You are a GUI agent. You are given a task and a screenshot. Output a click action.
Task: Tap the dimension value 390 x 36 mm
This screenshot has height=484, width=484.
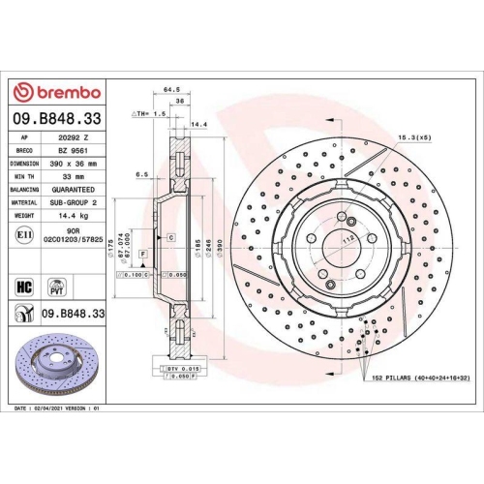tap(79, 165)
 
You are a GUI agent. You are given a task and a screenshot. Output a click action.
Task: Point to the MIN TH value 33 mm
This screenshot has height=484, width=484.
tap(73, 178)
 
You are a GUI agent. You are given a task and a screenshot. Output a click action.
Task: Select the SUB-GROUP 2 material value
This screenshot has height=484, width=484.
tap(77, 203)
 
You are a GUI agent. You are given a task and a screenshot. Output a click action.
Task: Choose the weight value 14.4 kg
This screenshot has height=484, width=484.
tap(75, 217)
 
